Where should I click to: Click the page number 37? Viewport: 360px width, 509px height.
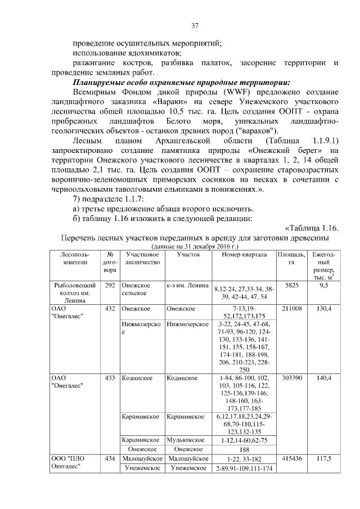(195, 25)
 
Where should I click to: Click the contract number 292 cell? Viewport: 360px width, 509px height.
(110, 285)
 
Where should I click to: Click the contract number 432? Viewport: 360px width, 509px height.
(110, 309)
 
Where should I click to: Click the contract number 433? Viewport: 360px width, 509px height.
(110, 378)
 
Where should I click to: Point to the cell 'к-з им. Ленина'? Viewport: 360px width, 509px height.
(188, 285)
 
